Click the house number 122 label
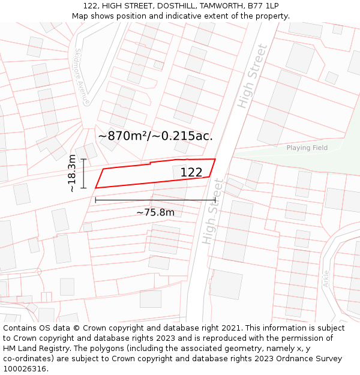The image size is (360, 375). point(191,172)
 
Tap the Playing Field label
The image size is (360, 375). point(307,148)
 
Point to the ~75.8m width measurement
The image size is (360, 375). point(155,212)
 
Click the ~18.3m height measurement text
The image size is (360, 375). point(72,173)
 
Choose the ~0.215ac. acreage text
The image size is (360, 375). point(187,136)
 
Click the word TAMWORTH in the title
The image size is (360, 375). point(215,6)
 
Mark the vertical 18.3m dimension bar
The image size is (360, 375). point(83,173)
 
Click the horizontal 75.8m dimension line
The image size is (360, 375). point(155,200)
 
